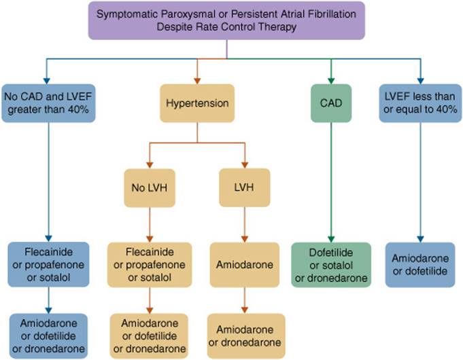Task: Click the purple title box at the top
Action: point(226,20)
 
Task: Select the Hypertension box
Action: point(196,103)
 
